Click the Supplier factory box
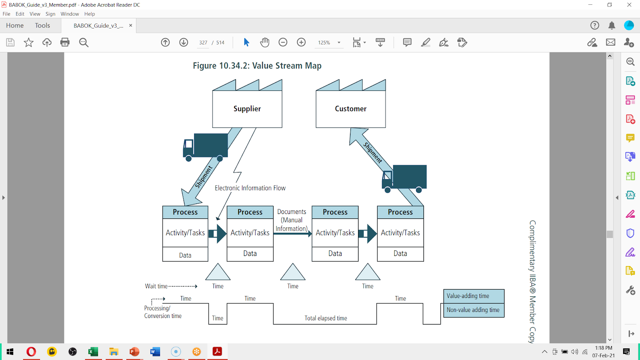pyautogui.click(x=247, y=104)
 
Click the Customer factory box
pyautogui.click(x=350, y=104)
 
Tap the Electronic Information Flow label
pyautogui.click(x=250, y=188)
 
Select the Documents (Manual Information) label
pyautogui.click(x=292, y=220)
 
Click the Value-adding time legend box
pyautogui.click(x=474, y=296)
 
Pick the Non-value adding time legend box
pyautogui.click(x=474, y=310)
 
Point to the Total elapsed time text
pyautogui.click(x=326, y=318)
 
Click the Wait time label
pyautogui.click(x=156, y=286)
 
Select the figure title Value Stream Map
pyautogui.click(x=257, y=66)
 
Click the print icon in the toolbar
pyautogui.click(x=65, y=42)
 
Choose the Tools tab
pyautogui.click(x=42, y=26)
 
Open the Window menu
pyautogui.click(x=70, y=14)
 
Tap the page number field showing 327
pyautogui.click(x=203, y=42)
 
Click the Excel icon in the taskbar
pyautogui.click(x=93, y=352)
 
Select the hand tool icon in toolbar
pyautogui.click(x=264, y=42)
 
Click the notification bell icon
pyautogui.click(x=612, y=26)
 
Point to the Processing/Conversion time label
pyautogui.click(x=163, y=312)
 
